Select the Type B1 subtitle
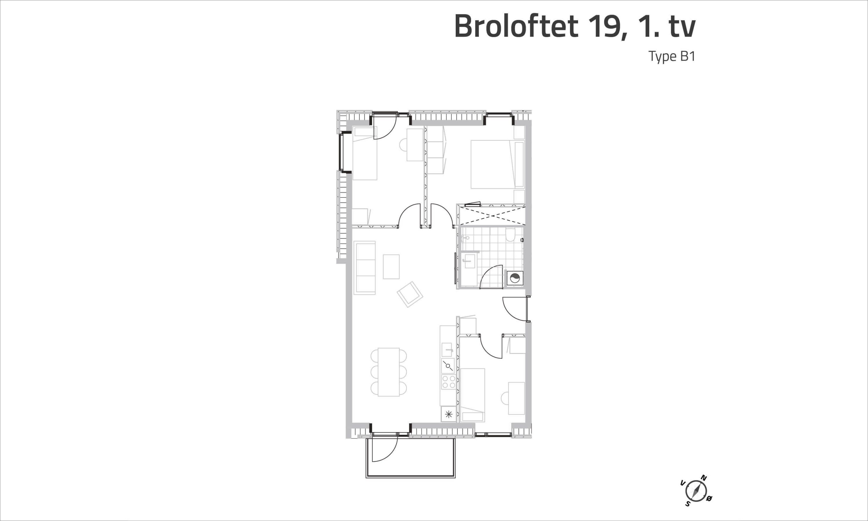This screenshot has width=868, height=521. [x=672, y=56]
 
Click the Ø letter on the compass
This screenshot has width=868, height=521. [x=709, y=508]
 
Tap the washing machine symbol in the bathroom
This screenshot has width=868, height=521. [x=514, y=279]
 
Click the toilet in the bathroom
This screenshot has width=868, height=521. [x=511, y=235]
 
